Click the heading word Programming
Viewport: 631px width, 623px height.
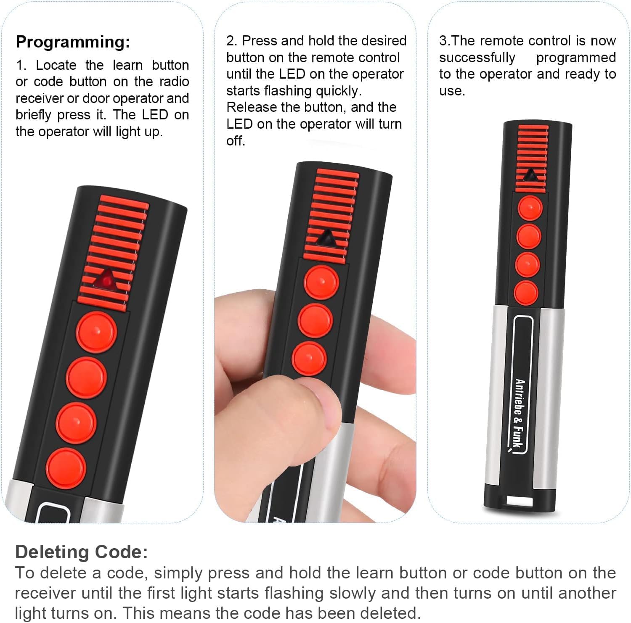coord(73,42)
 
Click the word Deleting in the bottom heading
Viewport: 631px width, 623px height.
coord(52,552)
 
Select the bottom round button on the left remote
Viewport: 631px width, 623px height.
coord(66,468)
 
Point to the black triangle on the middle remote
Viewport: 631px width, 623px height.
coord(327,238)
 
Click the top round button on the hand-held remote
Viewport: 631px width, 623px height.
coord(321,282)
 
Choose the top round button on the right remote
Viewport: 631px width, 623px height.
coord(530,208)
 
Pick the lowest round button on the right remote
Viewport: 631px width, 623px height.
coord(526,293)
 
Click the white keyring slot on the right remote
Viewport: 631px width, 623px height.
coord(520,501)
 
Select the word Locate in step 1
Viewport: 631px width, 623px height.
coord(56,65)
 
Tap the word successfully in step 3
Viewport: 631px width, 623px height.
coord(477,58)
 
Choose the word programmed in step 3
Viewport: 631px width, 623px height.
coord(576,58)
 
